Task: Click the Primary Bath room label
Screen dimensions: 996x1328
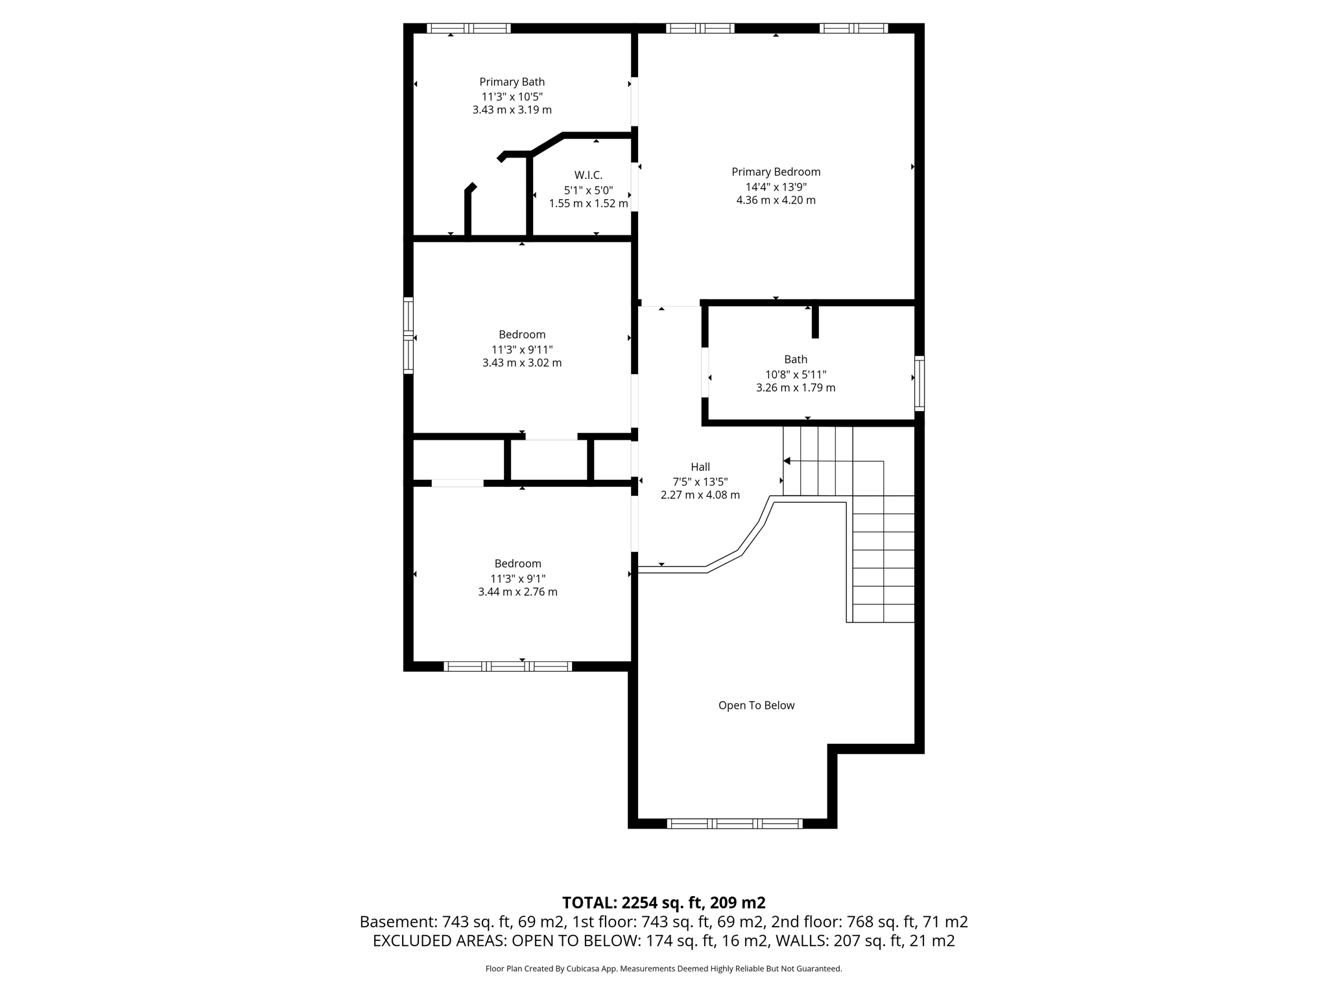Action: [x=512, y=82]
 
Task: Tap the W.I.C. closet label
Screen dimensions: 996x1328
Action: [x=588, y=175]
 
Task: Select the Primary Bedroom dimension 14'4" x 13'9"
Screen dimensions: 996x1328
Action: [x=776, y=187]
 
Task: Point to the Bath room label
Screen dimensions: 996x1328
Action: [x=796, y=359]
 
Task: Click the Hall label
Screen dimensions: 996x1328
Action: [x=700, y=467]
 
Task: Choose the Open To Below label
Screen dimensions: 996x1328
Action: [x=756, y=705]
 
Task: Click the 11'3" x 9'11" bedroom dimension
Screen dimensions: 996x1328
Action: [x=522, y=350]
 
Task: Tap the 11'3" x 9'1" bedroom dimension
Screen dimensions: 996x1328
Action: [x=517, y=578]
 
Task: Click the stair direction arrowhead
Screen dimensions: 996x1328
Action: [x=787, y=461]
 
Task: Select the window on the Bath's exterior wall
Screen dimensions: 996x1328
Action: [x=919, y=383]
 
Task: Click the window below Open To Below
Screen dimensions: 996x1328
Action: [x=735, y=824]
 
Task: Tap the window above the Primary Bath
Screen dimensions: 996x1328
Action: [x=468, y=29]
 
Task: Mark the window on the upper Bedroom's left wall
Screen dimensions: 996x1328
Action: [x=409, y=335]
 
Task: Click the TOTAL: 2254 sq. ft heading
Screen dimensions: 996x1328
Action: [x=663, y=903]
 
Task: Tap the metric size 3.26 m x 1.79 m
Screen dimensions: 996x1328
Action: [x=796, y=388]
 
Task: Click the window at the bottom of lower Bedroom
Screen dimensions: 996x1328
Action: [x=508, y=666]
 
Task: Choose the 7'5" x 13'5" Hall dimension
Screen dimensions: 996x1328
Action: [x=700, y=482]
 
